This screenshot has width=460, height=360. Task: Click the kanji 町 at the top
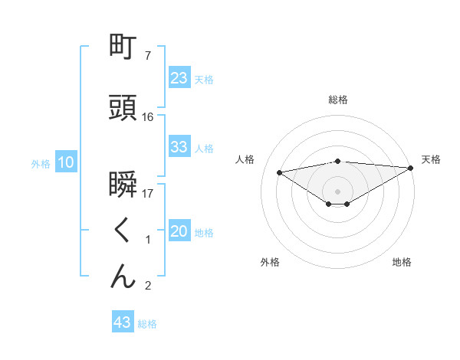click(123, 47)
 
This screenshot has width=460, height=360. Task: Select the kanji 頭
click(123, 107)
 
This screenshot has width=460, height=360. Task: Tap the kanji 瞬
click(123, 185)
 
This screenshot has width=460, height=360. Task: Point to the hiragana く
click(123, 231)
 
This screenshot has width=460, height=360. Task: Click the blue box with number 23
click(179, 78)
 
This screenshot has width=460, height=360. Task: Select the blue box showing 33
click(179, 147)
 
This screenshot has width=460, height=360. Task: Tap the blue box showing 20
click(179, 232)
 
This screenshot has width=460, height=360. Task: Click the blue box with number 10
click(66, 162)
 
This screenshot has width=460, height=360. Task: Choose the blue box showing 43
click(122, 322)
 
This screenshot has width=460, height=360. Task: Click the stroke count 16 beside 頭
click(148, 116)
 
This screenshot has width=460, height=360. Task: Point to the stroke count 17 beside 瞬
click(148, 194)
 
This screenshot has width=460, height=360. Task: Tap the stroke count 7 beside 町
click(148, 56)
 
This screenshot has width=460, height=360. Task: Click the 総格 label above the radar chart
click(337, 100)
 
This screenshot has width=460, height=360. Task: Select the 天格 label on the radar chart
click(431, 159)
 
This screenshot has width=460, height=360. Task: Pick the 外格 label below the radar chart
click(270, 262)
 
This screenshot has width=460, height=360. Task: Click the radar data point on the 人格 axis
click(280, 172)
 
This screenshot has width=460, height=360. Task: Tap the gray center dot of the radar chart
click(337, 190)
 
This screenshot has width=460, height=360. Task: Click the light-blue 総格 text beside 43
click(147, 324)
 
